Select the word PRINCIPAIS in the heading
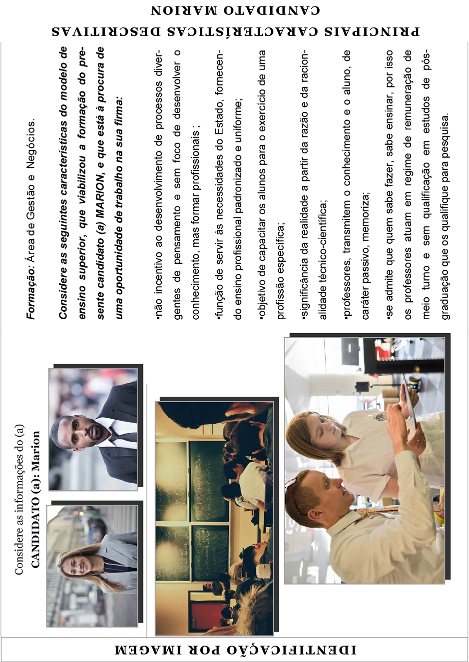(372, 31)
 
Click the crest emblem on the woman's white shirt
(381, 417)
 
